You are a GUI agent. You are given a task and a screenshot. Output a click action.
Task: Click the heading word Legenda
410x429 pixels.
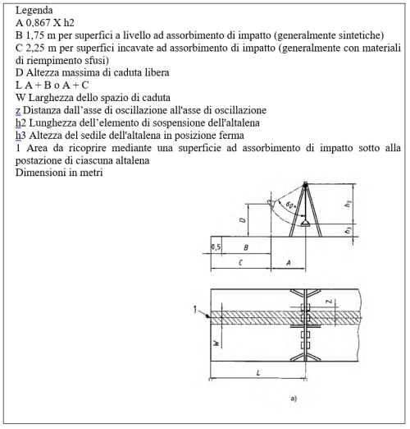click(x=34, y=11)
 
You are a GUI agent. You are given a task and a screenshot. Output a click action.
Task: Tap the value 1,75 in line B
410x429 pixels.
click(x=35, y=35)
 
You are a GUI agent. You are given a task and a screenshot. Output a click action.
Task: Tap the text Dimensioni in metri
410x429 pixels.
click(x=59, y=173)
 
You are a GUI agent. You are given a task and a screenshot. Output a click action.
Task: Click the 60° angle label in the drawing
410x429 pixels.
click(x=291, y=205)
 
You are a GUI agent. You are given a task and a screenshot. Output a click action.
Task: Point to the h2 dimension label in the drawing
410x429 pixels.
click(x=348, y=204)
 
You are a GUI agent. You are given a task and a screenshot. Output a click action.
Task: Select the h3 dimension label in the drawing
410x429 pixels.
click(x=348, y=230)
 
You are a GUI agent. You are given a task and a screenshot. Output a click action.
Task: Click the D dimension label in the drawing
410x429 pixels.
click(x=243, y=220)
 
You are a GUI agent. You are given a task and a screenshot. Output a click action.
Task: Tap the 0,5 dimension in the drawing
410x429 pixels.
click(x=216, y=247)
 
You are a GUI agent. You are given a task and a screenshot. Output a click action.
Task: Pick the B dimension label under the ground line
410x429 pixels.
click(x=246, y=247)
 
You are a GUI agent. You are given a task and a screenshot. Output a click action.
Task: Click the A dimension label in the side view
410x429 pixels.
click(x=288, y=263)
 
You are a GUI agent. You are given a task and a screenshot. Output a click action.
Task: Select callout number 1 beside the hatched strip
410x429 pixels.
click(x=195, y=310)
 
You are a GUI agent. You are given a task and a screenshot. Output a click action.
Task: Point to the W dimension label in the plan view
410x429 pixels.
click(x=216, y=343)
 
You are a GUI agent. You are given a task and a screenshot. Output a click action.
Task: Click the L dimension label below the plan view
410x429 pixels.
click(x=258, y=372)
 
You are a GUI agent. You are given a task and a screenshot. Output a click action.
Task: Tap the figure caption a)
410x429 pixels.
click(x=294, y=399)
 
